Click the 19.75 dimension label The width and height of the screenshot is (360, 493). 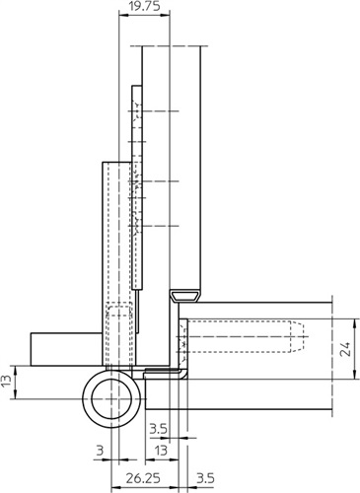click(x=144, y=6)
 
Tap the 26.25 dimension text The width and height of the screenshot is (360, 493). click(x=143, y=478)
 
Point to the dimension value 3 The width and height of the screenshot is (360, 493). click(x=100, y=451)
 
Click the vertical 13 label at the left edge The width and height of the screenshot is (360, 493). click(x=7, y=382)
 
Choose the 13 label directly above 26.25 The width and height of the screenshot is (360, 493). click(x=161, y=451)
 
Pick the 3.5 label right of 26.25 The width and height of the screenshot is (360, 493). click(x=205, y=478)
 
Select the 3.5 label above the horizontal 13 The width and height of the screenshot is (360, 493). click(x=159, y=429)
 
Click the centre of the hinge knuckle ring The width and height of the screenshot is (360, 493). click(x=112, y=398)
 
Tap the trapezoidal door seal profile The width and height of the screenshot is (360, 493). click(x=185, y=296)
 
